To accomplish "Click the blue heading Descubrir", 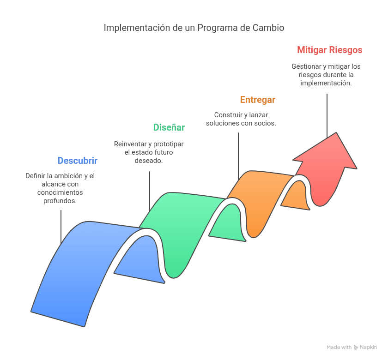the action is [x=78, y=161].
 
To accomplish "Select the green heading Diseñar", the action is [x=169, y=127].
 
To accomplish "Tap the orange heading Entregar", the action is [x=258, y=100].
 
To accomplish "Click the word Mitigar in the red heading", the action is [x=312, y=50].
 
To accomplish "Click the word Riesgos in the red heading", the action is [x=346, y=50].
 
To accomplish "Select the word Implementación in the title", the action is [x=137, y=28].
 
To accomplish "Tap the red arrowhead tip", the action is [x=336, y=132].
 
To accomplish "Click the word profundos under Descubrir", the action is [x=60, y=201].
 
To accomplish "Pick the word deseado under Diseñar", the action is [x=148, y=161].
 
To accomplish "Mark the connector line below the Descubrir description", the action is [x=61, y=227].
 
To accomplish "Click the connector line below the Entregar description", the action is [x=238, y=156].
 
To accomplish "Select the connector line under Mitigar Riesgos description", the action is [x=327, y=116].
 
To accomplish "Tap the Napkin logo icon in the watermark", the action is [x=356, y=348].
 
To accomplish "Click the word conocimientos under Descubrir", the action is [x=60, y=192].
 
